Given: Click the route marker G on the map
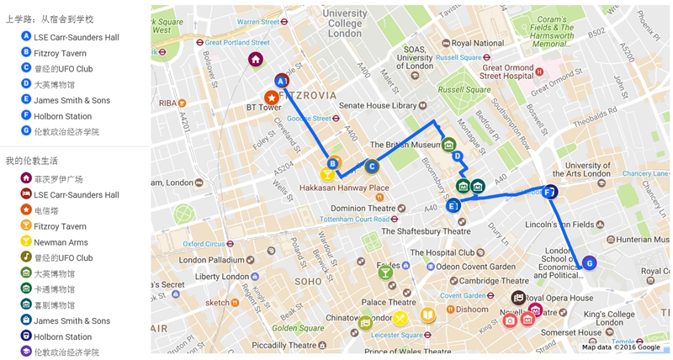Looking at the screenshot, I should coord(589,262).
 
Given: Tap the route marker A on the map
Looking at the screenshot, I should coord(282,81).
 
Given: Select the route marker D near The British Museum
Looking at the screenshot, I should coord(457,156).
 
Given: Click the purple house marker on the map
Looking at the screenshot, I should coord(256,60).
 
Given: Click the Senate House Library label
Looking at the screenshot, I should coord(378,106).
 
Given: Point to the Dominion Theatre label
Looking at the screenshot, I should coord(363,209).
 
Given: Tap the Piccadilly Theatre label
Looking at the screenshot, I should coord(284,345).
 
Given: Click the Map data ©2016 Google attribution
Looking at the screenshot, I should coord(621,347).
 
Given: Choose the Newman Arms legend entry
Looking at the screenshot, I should coord(61,242).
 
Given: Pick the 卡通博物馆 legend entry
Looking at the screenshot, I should coord(54,289).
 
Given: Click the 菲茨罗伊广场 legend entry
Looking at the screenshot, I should coord(58,179).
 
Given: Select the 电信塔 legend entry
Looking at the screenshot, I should coord(46,211).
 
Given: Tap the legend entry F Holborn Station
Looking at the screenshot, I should coord(62,116).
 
